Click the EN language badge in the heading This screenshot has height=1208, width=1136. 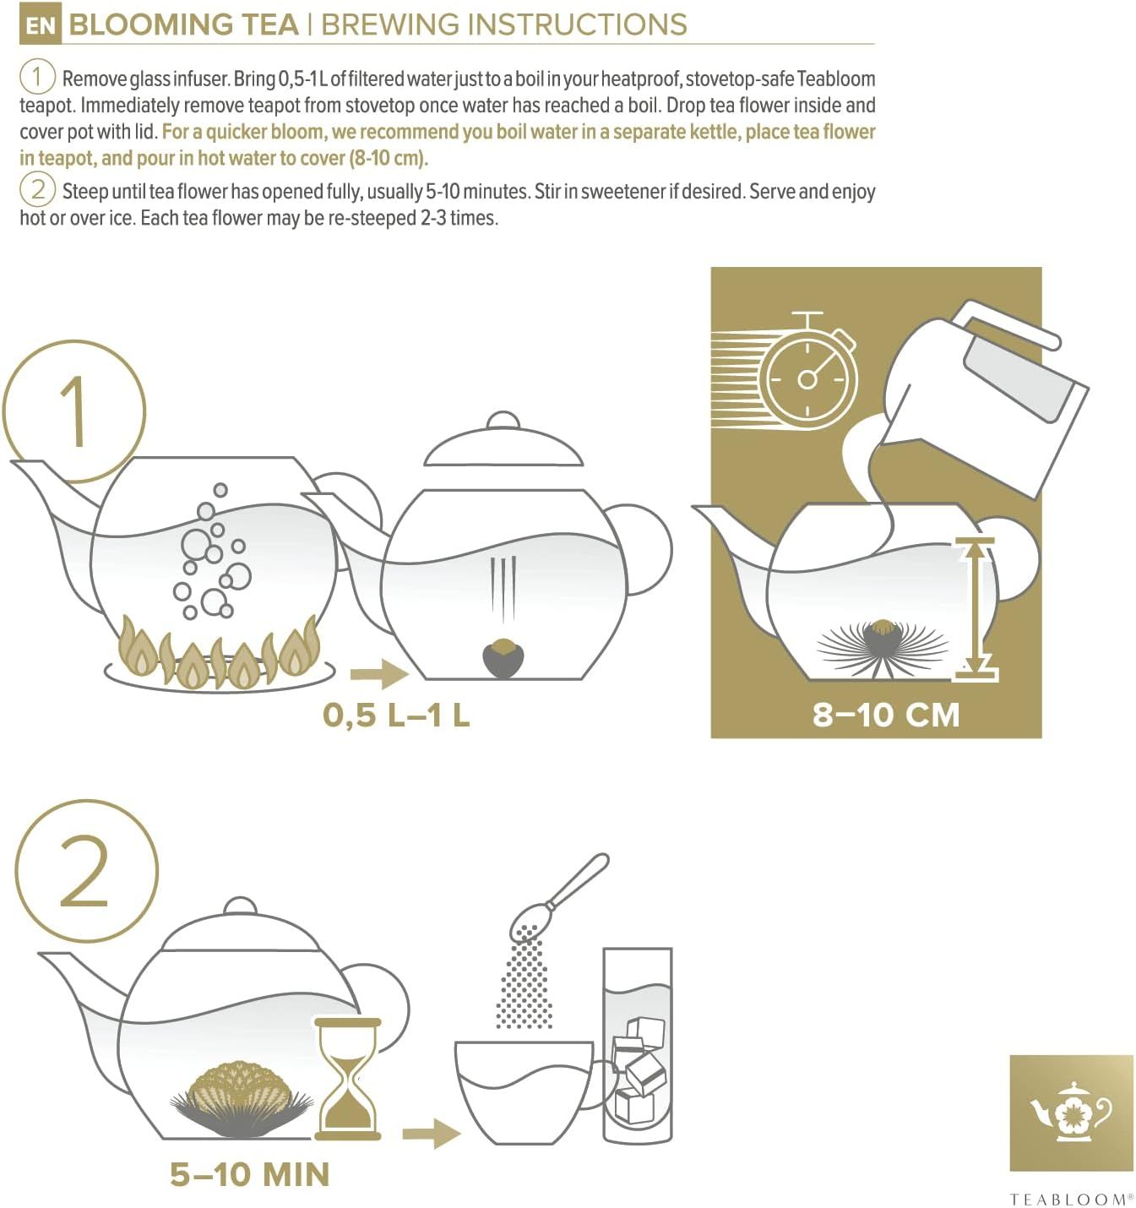[39, 25]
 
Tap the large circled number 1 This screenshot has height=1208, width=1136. [74, 411]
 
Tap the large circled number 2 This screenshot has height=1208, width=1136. [86, 871]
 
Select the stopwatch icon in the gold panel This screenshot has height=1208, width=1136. [807, 377]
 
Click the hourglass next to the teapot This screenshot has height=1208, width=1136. [347, 1078]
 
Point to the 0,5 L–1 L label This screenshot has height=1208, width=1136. [396, 716]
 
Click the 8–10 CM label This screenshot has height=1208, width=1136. [886, 715]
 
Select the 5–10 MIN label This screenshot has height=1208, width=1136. [250, 1174]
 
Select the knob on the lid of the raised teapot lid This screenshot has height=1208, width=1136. [503, 422]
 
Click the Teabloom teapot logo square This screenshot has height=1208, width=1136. [1071, 1113]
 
